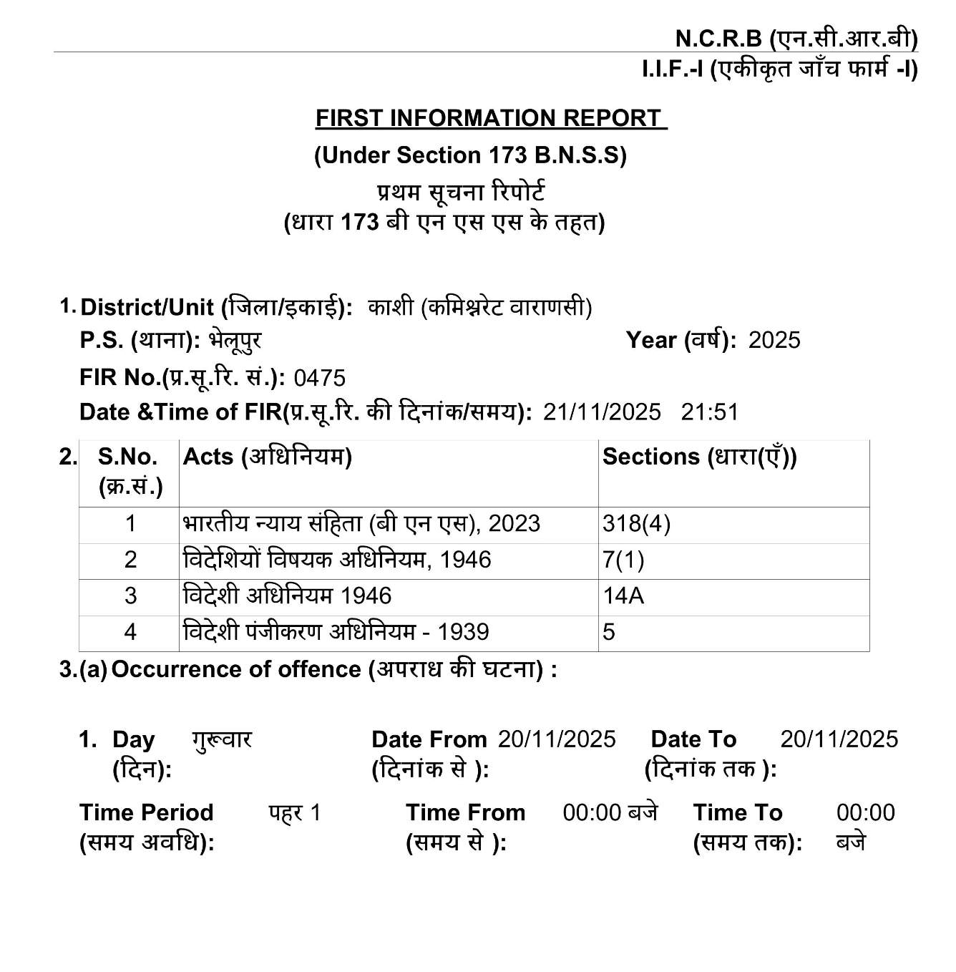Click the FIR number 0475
point(319,377)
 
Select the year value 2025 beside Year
point(774,340)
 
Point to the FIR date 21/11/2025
point(602,412)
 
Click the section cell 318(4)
point(636,524)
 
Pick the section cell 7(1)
point(623,560)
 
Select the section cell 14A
point(623,596)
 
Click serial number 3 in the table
point(130,596)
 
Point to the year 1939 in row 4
point(463,632)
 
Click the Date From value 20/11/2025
point(557,739)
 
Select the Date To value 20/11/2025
point(839,739)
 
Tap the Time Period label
point(146,812)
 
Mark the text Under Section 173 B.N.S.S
point(470,155)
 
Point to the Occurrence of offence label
point(236,669)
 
